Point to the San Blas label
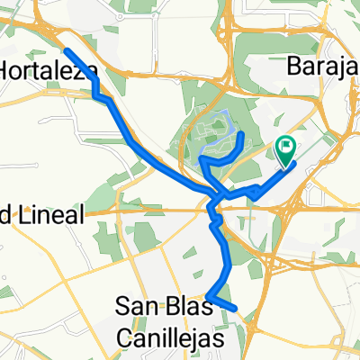point(165,306)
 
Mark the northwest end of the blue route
point(66,49)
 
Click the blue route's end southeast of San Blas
point(235,309)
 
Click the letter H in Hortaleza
point(7,69)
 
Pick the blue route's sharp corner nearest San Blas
point(208,297)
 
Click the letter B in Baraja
point(293,66)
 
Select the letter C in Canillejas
point(126,336)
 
